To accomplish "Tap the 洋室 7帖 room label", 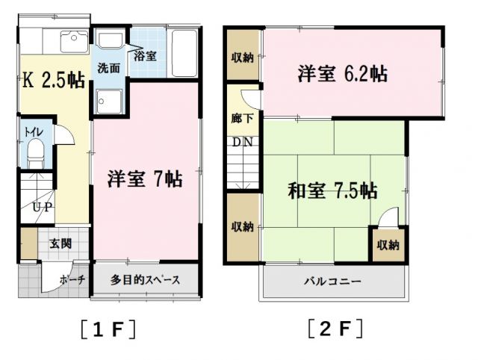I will tap(144, 179).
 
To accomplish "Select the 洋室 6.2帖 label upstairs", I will tap(343, 74).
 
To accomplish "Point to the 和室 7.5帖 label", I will tap(332, 191).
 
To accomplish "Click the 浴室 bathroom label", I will tap(145, 55).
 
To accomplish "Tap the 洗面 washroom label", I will tap(109, 67).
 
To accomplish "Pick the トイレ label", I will tap(33, 132).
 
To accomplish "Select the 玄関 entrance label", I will tap(61, 243).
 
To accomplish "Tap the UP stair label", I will tap(40, 207).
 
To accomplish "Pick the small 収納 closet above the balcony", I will tap(387, 245).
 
